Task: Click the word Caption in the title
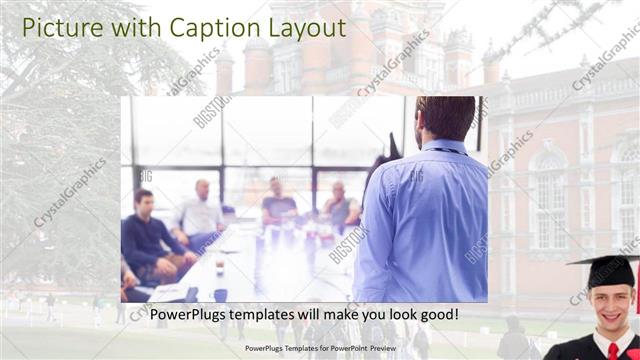206,27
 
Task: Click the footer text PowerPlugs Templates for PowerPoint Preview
320,349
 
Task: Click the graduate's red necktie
613,350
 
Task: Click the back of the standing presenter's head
446,119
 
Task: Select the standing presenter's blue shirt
420,220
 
